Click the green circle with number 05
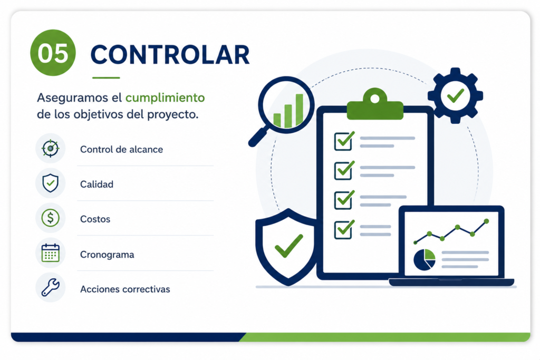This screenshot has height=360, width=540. point(53,53)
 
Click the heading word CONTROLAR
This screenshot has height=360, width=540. point(170,54)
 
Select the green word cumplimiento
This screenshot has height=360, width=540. point(165,98)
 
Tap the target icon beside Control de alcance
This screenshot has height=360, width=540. point(50,149)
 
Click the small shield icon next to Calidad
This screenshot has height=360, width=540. point(50,183)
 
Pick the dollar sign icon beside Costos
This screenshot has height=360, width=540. point(50,218)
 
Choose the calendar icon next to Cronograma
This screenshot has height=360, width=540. point(50,254)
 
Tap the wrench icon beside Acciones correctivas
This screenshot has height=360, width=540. point(50,288)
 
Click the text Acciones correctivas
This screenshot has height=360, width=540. point(125,289)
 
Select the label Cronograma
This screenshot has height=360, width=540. point(107,255)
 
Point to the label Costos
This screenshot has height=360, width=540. point(95,219)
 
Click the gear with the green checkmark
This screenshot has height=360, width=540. point(455,95)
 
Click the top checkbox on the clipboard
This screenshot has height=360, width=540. point(343,141)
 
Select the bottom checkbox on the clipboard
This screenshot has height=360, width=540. point(343,230)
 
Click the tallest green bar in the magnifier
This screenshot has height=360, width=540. point(300,110)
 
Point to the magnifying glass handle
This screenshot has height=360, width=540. point(258,137)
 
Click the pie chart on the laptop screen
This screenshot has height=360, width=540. point(425,260)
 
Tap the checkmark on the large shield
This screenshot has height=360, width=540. point(288,246)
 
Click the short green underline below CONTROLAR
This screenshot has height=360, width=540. point(106,78)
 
